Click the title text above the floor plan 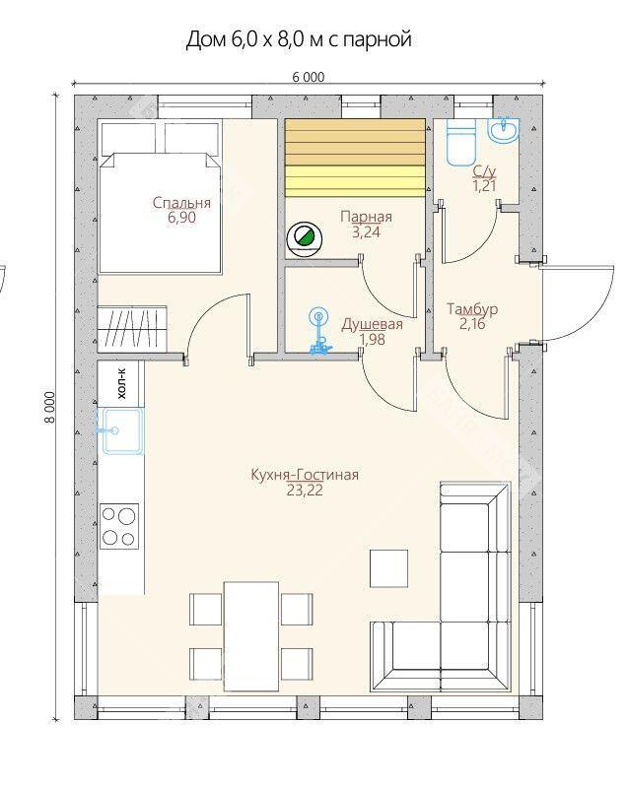[x=299, y=39]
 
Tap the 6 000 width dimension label [x=309, y=77]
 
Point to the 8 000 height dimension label [x=49, y=408]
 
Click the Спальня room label [x=181, y=203]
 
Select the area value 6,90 [x=181, y=218]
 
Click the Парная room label [x=366, y=217]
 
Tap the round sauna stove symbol [x=305, y=239]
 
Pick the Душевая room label [x=372, y=324]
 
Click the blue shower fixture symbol [x=318, y=333]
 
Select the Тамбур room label [x=472, y=309]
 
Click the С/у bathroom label [x=484, y=171]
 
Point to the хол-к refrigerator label [x=121, y=383]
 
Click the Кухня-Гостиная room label [x=305, y=475]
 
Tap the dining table [x=251, y=636]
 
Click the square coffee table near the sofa [x=388, y=568]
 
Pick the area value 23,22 [x=305, y=491]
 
